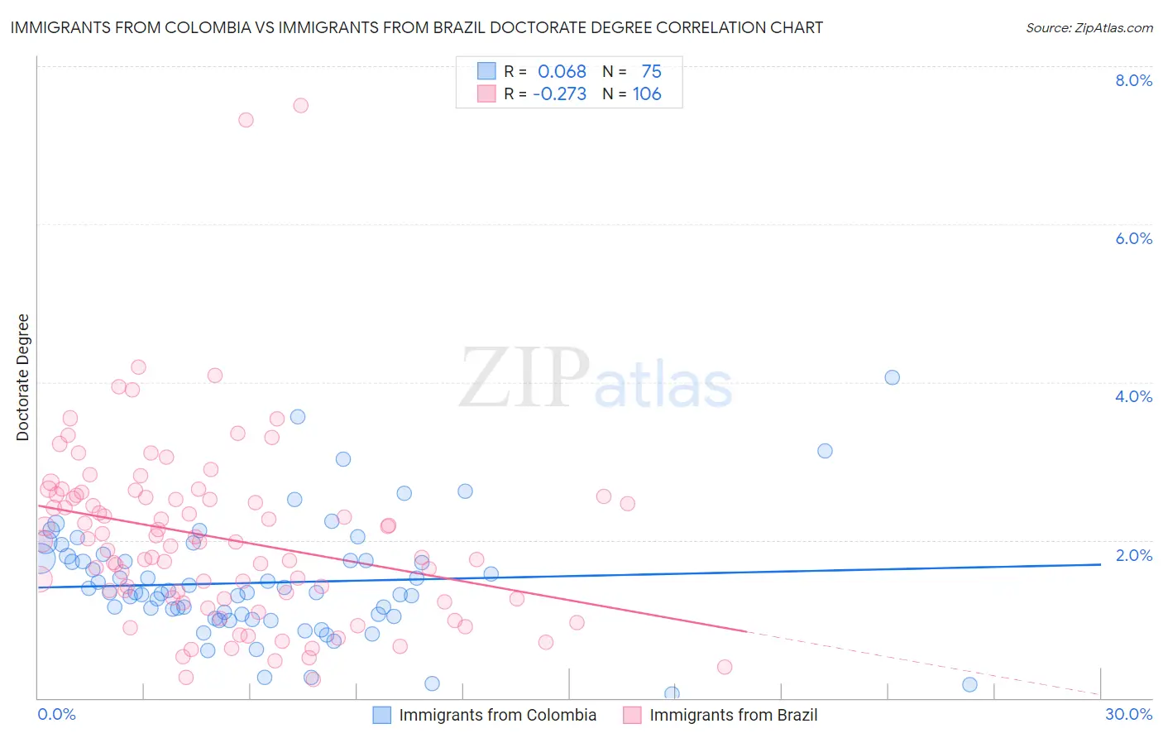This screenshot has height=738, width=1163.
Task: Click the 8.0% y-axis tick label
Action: tap(1133, 80)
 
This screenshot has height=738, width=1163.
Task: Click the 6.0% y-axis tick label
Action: tap(1133, 238)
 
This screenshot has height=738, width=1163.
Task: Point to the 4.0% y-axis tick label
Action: tap(1133, 396)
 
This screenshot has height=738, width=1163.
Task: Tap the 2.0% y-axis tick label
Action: tap(1133, 555)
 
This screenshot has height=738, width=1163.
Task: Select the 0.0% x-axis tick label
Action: tap(56, 714)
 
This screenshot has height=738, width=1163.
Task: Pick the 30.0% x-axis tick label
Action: tap(1128, 714)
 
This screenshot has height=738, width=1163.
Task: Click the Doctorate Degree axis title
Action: tap(23, 377)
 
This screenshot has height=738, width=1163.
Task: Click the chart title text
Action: tap(416, 27)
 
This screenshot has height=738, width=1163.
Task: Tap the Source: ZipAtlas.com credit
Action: tap(1089, 28)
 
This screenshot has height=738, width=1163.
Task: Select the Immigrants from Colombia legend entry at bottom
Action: tap(497, 715)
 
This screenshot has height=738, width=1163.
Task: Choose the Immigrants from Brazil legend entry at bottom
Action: tap(733, 715)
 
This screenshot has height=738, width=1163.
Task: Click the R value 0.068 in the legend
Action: tap(562, 72)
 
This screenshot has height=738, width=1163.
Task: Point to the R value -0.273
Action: tap(559, 94)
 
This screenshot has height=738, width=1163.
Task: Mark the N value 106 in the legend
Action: tap(647, 94)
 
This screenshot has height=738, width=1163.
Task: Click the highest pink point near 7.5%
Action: tap(301, 105)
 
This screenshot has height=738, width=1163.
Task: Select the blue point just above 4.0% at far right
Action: tap(892, 377)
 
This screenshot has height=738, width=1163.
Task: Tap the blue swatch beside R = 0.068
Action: tap(486, 71)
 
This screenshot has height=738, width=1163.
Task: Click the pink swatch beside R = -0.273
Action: tap(486, 93)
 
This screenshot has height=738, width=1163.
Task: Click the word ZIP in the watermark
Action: tap(524, 378)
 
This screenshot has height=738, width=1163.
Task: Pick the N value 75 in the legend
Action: tap(651, 72)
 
